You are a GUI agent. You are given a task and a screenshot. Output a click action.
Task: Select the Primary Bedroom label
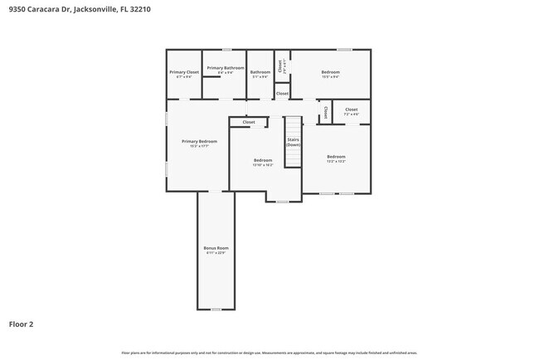(199, 141)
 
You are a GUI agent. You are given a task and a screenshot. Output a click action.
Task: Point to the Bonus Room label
(216, 248)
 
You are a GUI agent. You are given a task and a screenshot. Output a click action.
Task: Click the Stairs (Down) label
(293, 142)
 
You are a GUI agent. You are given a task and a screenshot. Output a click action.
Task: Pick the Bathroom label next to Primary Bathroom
(260, 72)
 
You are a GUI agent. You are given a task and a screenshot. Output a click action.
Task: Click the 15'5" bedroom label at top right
(330, 72)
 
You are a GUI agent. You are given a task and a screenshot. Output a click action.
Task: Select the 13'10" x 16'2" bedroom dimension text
(263, 164)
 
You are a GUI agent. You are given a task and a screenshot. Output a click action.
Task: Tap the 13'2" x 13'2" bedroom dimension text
(335, 161)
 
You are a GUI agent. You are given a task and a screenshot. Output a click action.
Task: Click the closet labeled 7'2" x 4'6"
(352, 114)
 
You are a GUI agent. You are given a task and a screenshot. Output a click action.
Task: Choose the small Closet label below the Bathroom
(282, 94)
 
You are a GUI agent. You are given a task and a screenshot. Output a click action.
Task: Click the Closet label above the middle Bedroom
(249, 122)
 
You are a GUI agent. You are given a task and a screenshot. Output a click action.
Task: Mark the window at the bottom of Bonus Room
(216, 309)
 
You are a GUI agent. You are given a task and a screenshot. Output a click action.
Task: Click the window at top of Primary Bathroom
(226, 50)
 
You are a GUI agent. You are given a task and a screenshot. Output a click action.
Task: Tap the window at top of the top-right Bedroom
(343, 50)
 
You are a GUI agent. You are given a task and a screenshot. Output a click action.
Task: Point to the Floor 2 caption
(22, 324)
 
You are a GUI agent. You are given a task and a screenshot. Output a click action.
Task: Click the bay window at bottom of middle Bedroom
(282, 202)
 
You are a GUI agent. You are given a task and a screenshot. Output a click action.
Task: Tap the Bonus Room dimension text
(216, 253)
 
